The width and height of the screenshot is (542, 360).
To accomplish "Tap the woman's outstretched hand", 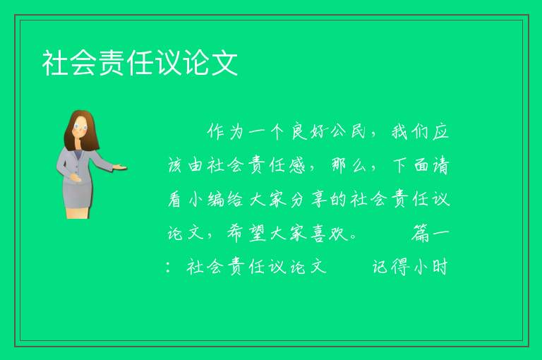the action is point(120,168).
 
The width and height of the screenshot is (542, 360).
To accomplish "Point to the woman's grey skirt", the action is point(78,193).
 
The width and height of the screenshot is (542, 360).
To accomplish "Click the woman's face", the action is point(80,126).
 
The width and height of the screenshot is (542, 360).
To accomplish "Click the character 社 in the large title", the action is point(55,63).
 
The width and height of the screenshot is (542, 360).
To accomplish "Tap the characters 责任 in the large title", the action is point(126,63).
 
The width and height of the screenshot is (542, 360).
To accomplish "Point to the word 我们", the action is point(409,132).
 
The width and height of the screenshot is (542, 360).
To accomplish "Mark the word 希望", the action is point(246,234).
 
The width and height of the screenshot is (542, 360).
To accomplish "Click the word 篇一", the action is point(430,234).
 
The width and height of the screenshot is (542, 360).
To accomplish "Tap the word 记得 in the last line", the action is point(390,267).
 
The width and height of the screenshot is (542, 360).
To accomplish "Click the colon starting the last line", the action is point(169,268).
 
